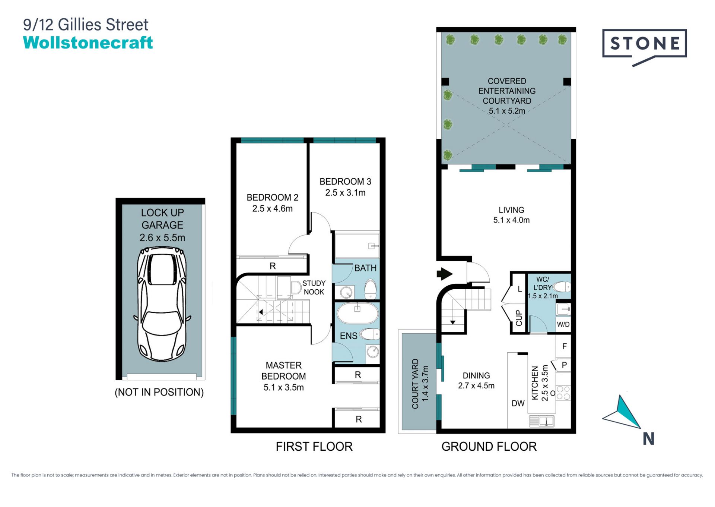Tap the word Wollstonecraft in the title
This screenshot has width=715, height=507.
coord(88,42)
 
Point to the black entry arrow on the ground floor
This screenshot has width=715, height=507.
coord(444,274)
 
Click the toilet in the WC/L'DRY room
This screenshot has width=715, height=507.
coord(562,287)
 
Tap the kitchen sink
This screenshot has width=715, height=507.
coord(542,421)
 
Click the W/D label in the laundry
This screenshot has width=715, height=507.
coord(563,324)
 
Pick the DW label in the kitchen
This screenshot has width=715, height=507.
coord(518,403)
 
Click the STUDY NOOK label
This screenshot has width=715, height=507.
coord(314,287)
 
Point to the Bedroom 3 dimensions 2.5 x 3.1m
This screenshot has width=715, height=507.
coord(345,193)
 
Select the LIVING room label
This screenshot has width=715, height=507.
coord(511,210)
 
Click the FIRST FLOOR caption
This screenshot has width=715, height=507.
coord(314,446)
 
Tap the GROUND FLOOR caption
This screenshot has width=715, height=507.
coord(489,446)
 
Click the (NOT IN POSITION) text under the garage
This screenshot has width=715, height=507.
coord(159,392)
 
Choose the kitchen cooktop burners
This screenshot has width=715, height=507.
coord(563,393)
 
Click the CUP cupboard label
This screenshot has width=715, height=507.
coord(519,318)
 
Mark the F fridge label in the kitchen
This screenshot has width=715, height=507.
coord(565,346)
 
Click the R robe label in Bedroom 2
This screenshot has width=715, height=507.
coord(273,266)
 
